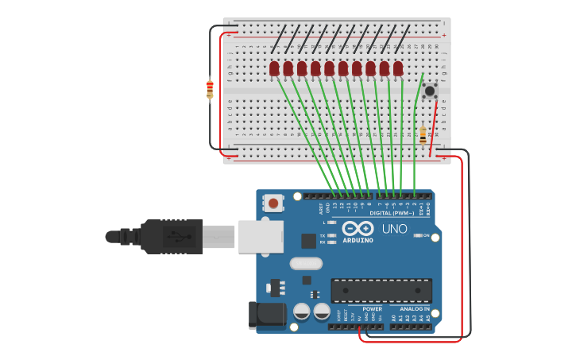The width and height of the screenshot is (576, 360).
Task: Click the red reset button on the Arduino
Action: (x=273, y=203)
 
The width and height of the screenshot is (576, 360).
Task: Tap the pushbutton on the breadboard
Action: (x=430, y=91)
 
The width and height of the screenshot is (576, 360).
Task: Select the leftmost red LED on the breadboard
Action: (x=274, y=69)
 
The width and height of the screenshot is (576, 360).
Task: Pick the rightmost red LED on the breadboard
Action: (x=398, y=69)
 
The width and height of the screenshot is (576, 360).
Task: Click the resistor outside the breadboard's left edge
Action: (x=210, y=89)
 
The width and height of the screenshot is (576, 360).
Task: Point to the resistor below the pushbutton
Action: (x=423, y=135)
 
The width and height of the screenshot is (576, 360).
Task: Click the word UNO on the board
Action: (x=395, y=229)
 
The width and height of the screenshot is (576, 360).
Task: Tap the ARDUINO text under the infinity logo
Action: (x=358, y=240)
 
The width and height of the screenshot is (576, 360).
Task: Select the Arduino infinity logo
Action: (x=358, y=229)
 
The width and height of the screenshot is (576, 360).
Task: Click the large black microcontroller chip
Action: (x=381, y=290)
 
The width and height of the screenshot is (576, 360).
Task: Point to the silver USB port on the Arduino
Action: (x=261, y=236)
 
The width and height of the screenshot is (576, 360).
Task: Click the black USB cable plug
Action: (x=171, y=236)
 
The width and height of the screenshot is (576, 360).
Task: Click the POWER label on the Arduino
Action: (x=372, y=308)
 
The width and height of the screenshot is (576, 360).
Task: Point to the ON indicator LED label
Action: (x=426, y=235)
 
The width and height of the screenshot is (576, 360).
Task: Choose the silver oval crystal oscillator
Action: (x=306, y=263)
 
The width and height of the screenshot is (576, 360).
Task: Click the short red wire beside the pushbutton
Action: (x=434, y=127)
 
